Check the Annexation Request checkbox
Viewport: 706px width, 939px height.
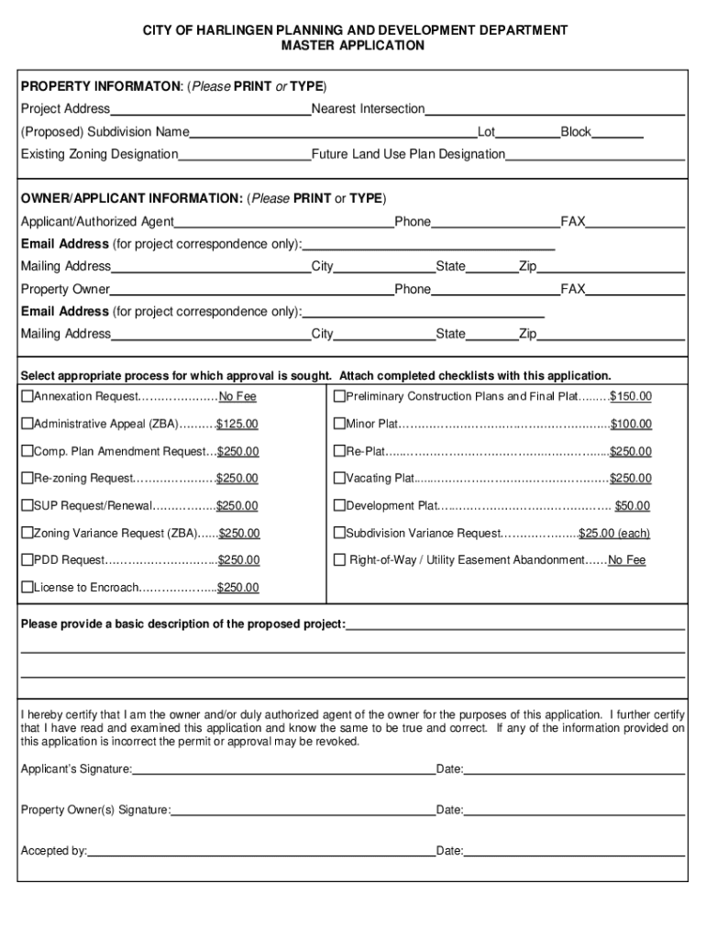coord(28,396)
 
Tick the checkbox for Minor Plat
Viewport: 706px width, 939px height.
coord(339,424)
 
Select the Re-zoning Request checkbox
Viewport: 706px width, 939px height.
coord(28,478)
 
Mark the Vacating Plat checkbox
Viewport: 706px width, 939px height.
coord(339,478)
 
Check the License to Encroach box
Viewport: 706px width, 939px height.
coord(28,587)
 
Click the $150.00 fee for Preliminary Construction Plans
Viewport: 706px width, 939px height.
coord(631,396)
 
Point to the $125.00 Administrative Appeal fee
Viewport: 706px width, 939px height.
coord(237,424)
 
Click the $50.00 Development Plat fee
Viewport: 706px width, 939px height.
coord(633,505)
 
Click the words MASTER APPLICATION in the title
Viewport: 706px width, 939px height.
coord(353,46)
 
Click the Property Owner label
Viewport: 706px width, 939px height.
coord(65,290)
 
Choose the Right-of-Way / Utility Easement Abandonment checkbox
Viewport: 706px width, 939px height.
coord(339,559)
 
